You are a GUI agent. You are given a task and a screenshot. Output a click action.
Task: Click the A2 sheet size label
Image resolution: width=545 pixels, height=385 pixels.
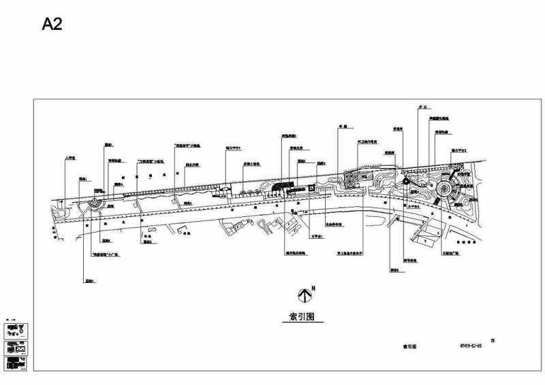(54, 24)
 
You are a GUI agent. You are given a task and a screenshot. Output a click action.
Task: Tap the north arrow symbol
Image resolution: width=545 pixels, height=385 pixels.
(304, 294)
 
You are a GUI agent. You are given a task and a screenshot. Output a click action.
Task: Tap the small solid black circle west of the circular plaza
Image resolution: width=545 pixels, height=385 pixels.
(406, 182)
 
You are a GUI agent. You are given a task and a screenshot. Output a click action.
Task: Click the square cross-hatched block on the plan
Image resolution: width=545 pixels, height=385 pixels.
(348, 180)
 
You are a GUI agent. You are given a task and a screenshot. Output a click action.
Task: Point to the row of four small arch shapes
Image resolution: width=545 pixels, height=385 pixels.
(249, 195)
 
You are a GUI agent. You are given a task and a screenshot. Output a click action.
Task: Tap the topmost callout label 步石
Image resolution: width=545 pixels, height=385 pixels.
(422, 107)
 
